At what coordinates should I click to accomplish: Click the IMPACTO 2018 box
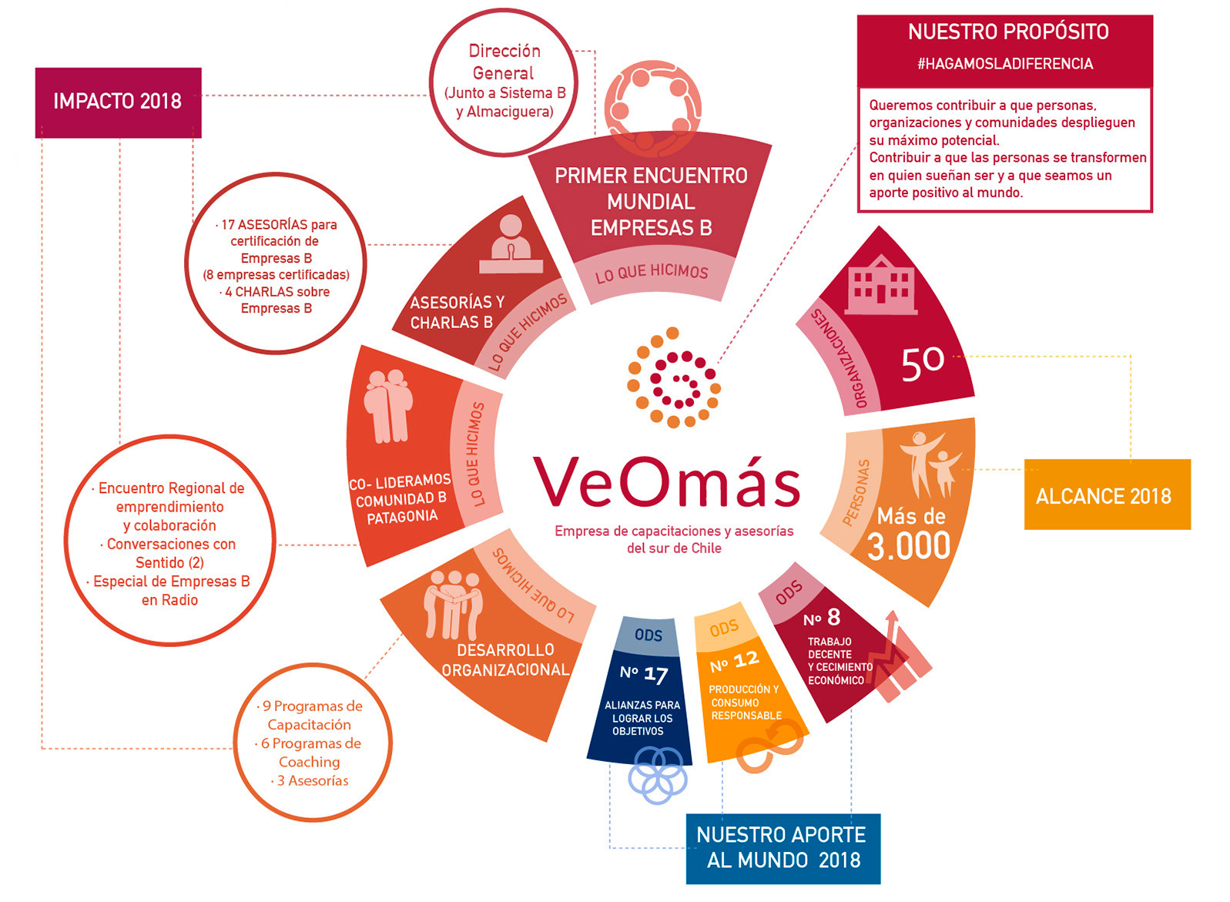tap(118, 102)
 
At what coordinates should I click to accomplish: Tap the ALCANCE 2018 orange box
tap(1107, 495)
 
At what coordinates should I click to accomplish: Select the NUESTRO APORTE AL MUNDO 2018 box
tap(783, 848)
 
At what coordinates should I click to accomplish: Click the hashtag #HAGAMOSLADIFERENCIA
tap(1004, 64)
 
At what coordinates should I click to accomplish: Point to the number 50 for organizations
tap(922, 363)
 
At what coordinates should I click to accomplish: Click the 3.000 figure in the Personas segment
tap(909, 546)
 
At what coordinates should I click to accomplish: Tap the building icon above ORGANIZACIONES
tap(880, 283)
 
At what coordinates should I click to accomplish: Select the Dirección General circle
tap(504, 82)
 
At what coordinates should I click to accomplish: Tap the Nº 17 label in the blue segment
tap(644, 674)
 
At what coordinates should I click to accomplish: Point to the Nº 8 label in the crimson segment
tap(822, 618)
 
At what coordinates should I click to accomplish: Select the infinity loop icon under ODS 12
tap(768, 751)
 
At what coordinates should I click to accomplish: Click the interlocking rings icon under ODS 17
tap(657, 776)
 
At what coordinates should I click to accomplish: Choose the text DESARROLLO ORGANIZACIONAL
tap(505, 660)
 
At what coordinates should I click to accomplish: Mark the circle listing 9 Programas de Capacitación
tap(312, 743)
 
